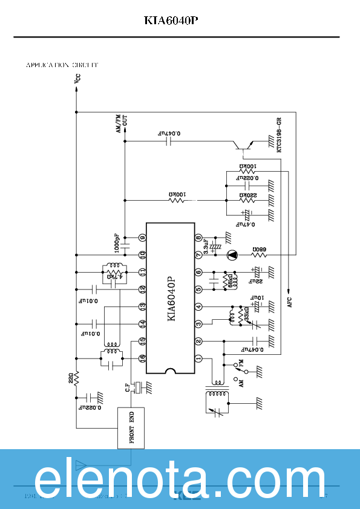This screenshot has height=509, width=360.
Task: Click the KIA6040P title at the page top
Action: [x=171, y=20]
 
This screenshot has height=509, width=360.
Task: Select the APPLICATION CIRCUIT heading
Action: [x=62, y=65]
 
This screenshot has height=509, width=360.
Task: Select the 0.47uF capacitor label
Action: [x=244, y=224]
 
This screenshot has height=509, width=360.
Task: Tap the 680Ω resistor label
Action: [x=258, y=249]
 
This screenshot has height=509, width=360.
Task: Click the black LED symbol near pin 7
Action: [x=232, y=255]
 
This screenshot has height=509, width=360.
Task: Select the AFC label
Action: [x=289, y=302]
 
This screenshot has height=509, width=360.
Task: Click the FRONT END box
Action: [x=131, y=428]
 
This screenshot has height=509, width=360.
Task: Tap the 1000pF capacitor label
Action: [x=117, y=244]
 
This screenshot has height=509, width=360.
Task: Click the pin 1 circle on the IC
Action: [x=198, y=359]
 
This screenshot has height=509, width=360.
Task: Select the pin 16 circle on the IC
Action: [x=143, y=359]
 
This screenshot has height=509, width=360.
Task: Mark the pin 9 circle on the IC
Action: [x=143, y=238]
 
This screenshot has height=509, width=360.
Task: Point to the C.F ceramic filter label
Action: [x=127, y=387]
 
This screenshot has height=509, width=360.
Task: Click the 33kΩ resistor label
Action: [x=246, y=314]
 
